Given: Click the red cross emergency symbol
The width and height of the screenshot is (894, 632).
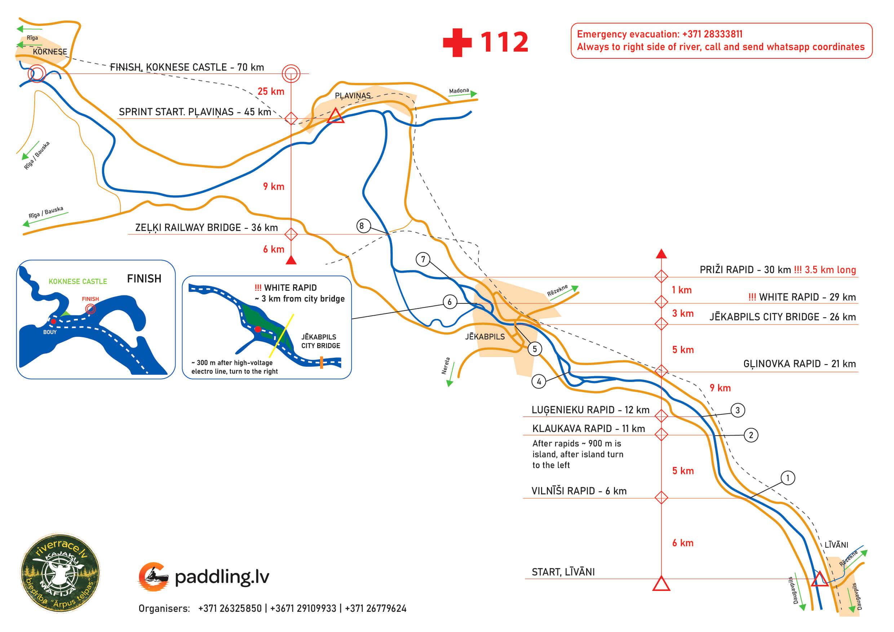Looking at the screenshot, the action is coord(457,43).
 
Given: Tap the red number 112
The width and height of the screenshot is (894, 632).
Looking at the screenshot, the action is coord(504,42).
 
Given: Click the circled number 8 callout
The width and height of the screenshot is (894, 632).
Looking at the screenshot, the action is coord(363,226).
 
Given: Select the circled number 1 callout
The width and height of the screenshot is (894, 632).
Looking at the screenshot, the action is coord(788,478).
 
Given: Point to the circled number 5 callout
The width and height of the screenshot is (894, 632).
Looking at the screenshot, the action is coord(535,349).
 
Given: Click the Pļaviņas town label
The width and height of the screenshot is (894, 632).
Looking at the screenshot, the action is coord(353,96).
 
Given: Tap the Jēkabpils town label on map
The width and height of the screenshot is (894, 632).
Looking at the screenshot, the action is coord(485,337).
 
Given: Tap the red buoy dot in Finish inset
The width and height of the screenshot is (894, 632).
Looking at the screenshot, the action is coord(53,321).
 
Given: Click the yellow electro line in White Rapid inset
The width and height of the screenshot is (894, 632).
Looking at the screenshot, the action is coord(280,335).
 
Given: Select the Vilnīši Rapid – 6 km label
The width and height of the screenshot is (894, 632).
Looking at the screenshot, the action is coord(579,491).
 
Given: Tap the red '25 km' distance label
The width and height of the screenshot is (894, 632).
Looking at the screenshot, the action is coord(271,92).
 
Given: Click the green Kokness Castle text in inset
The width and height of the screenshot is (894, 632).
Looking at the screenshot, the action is coord(78,281).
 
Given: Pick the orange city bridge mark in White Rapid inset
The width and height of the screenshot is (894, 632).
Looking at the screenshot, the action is coord(321,363).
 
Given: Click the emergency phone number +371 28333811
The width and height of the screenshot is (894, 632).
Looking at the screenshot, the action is coord(712,34).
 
